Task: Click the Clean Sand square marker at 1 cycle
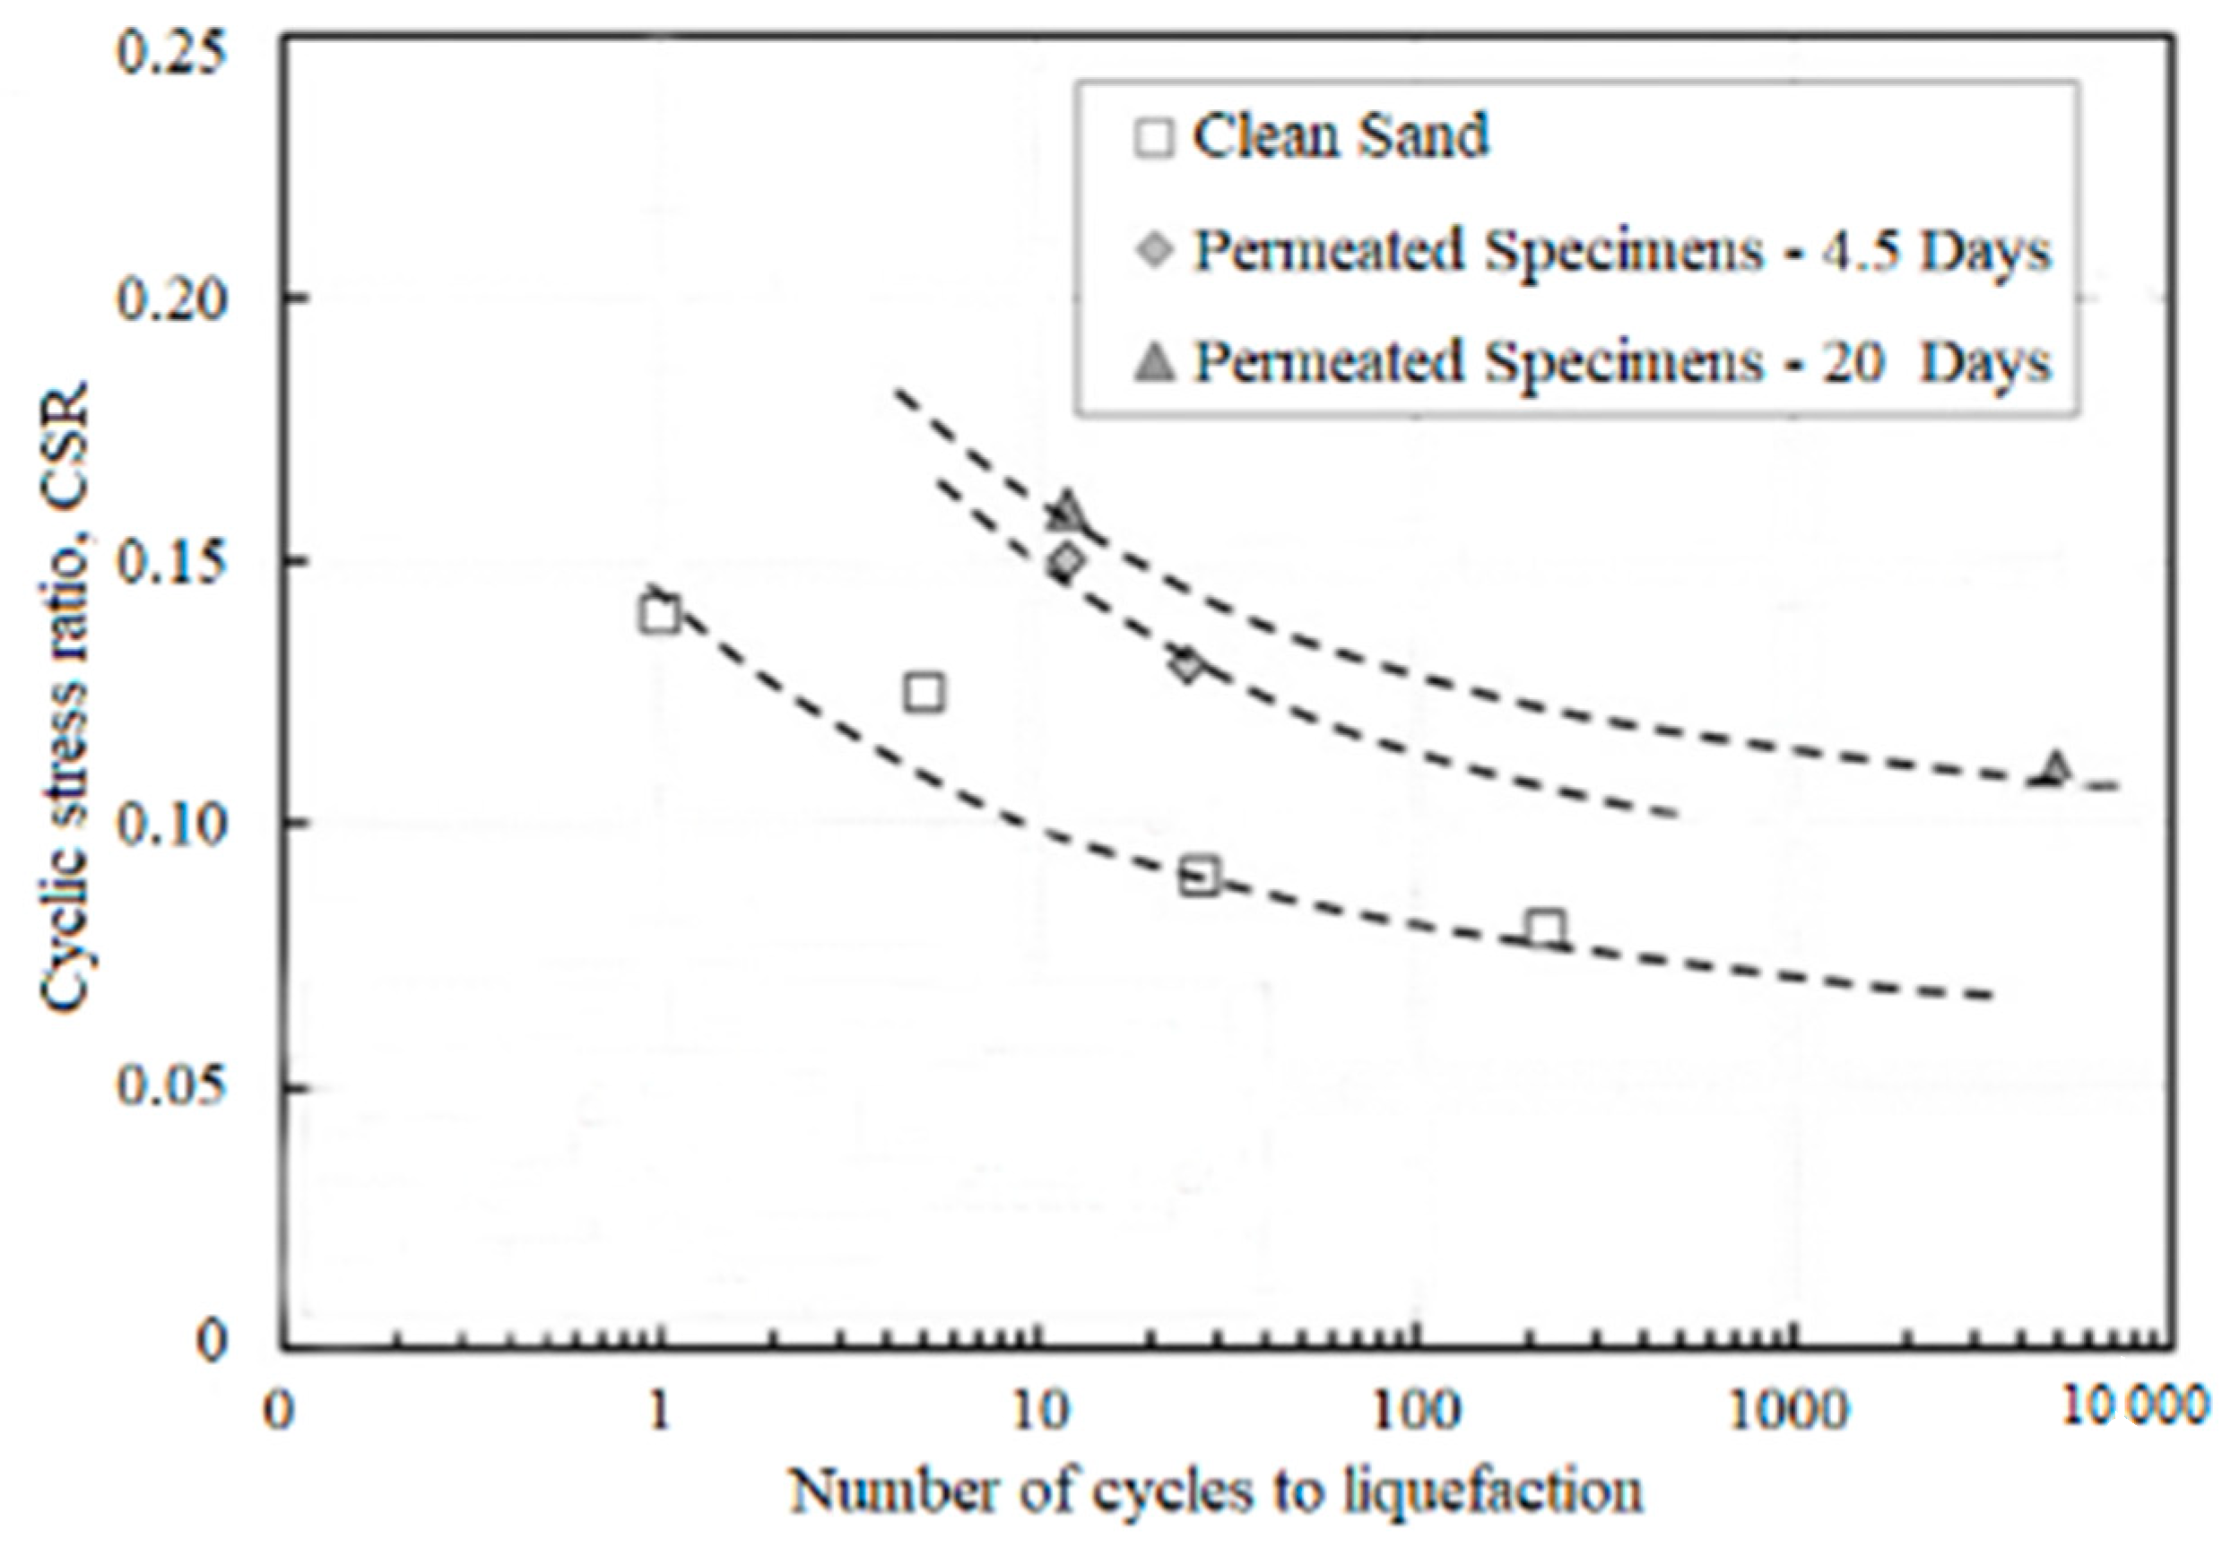click(x=659, y=615)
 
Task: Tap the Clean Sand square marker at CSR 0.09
click(x=1200, y=877)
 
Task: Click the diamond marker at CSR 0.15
click(x=1066, y=560)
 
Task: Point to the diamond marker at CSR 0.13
click(x=1185, y=666)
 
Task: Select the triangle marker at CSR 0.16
click(x=1066, y=511)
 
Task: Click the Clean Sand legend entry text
click(x=1340, y=136)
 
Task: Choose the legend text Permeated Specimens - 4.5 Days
click(x=1621, y=251)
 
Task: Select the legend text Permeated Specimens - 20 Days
click(x=1621, y=361)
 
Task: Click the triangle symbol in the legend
click(x=1154, y=364)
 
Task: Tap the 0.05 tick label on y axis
click(x=170, y=1085)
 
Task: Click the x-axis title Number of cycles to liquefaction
click(x=1217, y=1491)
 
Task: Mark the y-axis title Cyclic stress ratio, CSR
click(x=66, y=698)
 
